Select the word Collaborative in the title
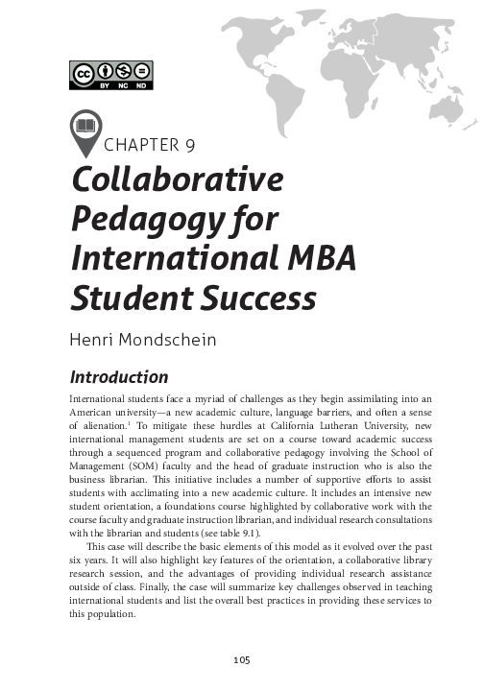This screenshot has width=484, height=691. (178, 181)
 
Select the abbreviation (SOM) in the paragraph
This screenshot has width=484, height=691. (159, 460)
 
